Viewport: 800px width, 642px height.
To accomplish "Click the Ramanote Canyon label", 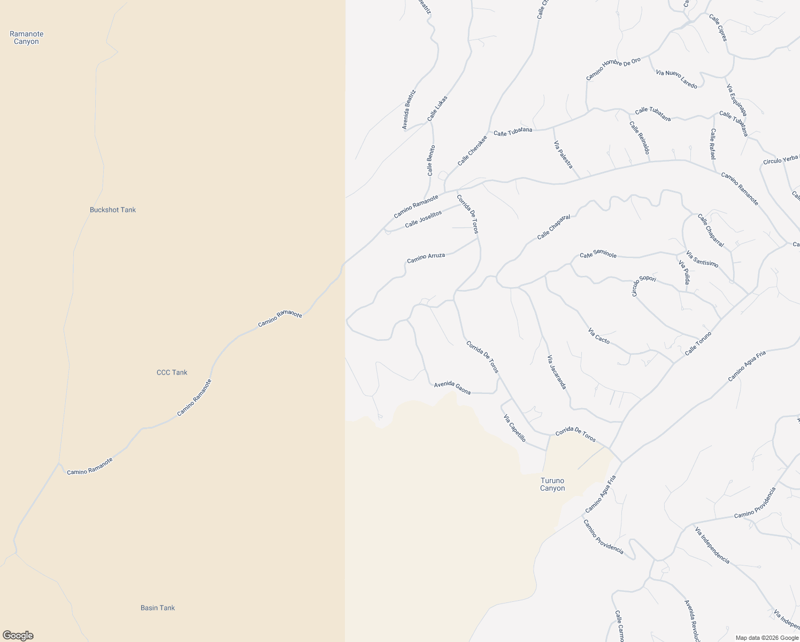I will [26, 37].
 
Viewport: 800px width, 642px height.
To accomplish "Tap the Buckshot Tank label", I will [113, 210].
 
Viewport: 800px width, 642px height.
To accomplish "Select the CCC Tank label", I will [172, 372].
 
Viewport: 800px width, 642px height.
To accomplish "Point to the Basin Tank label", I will [158, 608].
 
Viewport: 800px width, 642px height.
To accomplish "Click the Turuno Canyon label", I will [552, 484].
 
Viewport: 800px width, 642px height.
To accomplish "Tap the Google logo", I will [18, 636].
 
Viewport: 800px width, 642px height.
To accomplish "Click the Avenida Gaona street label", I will [452, 388].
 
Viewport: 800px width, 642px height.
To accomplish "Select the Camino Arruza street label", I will [426, 258].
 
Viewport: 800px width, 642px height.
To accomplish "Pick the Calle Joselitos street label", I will [423, 219].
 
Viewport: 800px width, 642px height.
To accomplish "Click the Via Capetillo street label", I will [514, 429].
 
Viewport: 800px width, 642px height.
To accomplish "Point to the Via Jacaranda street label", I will [556, 372].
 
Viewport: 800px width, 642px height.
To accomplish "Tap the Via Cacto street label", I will [599, 336].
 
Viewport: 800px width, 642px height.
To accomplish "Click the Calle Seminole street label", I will [598, 255].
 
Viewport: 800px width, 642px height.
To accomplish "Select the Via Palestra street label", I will [563, 155].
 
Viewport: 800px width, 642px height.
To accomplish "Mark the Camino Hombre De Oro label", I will [613, 69].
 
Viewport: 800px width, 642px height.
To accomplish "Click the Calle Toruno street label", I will [698, 343].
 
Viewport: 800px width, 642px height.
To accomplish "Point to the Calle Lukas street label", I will [437, 109].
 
